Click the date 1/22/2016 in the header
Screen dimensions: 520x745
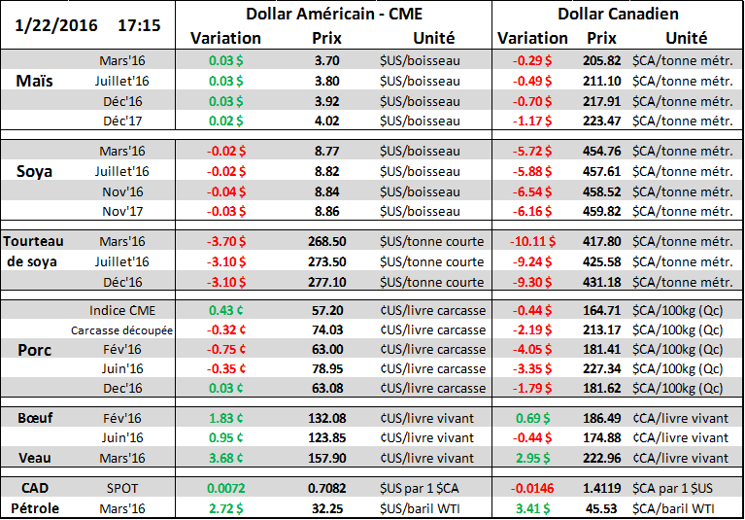[x=56, y=24]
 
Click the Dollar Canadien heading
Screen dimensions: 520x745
[x=619, y=14]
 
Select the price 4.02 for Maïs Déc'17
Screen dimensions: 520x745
[x=326, y=121]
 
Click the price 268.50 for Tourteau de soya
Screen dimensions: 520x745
[x=326, y=242]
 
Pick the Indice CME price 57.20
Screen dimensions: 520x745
[x=326, y=310]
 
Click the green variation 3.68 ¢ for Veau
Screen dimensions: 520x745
[x=226, y=458]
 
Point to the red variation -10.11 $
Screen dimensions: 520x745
[x=532, y=242]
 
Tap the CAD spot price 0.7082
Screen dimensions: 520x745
[x=326, y=487]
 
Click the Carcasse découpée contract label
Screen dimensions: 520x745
[x=121, y=330]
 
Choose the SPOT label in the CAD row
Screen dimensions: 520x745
[x=122, y=487]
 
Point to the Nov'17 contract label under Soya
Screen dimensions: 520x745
[x=122, y=210]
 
